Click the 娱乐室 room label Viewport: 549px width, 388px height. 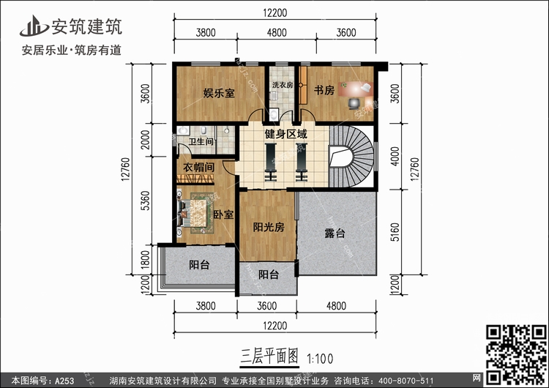point(219,93)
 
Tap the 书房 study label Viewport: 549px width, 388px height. point(324,90)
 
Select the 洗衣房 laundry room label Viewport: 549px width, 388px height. point(283,85)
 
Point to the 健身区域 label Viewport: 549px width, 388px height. point(286,134)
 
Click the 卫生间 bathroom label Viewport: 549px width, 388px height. point(201,141)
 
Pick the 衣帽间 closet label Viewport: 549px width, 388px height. point(199,167)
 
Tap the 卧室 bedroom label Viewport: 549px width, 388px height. point(224,214)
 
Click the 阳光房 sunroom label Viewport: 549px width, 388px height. point(269,227)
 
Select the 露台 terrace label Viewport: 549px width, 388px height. point(335,233)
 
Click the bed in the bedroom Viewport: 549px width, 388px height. point(195,213)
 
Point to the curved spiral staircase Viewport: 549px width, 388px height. point(351,157)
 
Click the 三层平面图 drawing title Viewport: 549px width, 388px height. point(269,356)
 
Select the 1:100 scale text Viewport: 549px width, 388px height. point(320,359)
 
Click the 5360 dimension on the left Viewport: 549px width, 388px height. point(145,201)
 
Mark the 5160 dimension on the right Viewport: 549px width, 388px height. point(395,232)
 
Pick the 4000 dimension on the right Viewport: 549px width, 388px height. point(395,156)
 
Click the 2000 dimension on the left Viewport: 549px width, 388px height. point(145,140)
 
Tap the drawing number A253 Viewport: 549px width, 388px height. point(64,381)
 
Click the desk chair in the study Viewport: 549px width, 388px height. point(354,104)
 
